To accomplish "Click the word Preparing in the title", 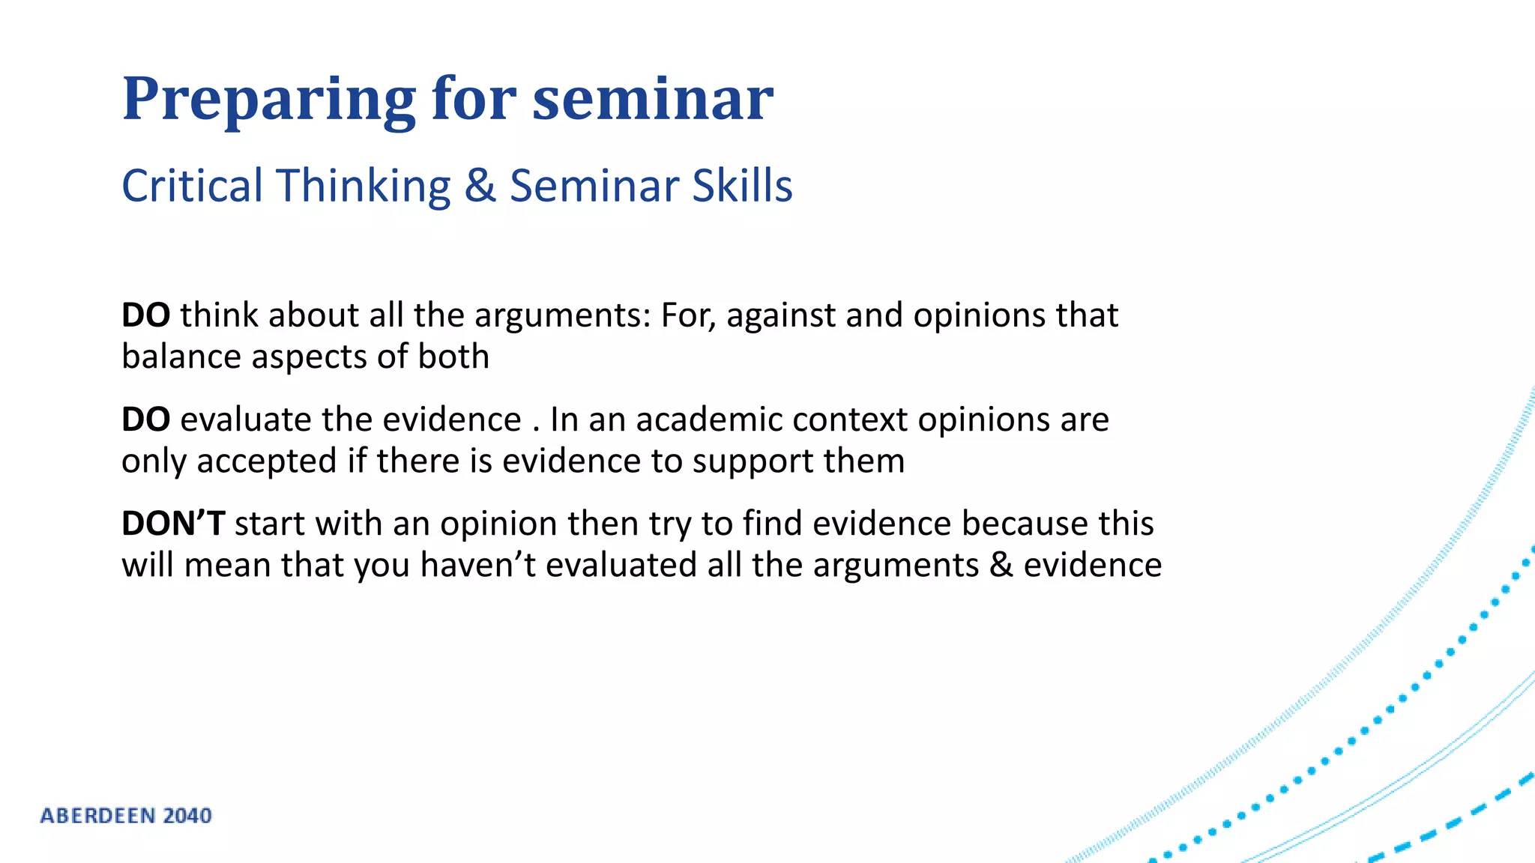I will [268, 99].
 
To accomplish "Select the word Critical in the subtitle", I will [192, 186].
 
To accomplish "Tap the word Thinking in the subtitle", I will [364, 186].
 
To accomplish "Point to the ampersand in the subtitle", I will [480, 186].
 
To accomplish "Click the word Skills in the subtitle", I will [742, 186].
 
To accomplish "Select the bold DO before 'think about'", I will [145, 315].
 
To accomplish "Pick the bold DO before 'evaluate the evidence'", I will [145, 420].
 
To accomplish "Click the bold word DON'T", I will [173, 524].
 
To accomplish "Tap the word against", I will [780, 315].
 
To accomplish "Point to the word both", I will [453, 357].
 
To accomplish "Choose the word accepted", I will [266, 461].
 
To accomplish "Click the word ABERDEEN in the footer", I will [98, 816].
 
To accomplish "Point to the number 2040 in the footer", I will [187, 816].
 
